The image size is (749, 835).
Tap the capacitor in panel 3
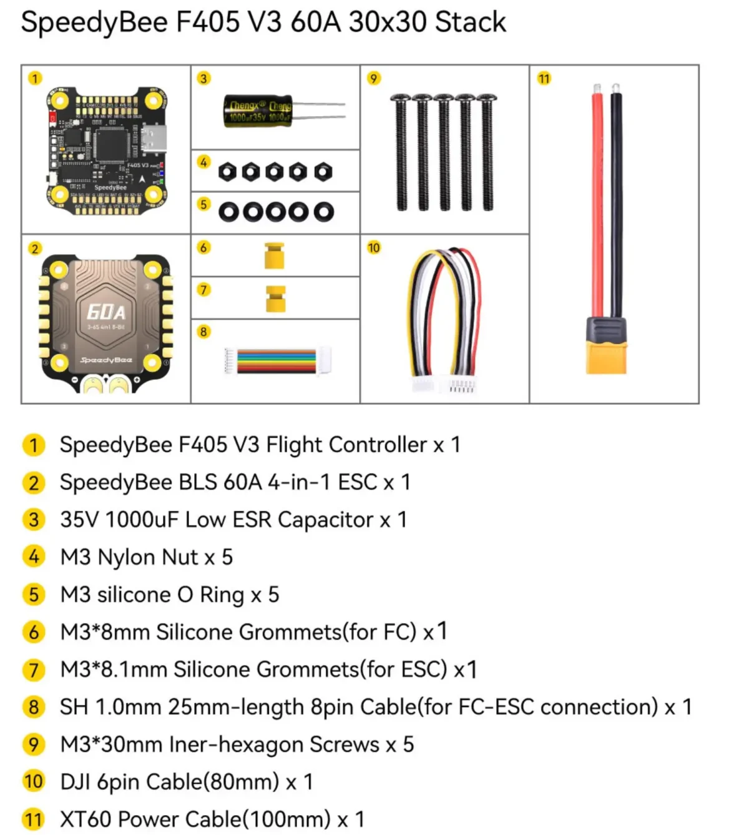coord(258,112)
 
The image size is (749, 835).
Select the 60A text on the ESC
coord(106,312)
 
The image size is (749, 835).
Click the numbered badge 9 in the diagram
coord(373,79)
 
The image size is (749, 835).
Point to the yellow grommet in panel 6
coord(274,255)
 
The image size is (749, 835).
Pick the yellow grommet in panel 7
coord(275,299)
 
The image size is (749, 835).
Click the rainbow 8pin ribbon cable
coord(277,362)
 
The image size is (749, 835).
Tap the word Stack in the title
coord(470,22)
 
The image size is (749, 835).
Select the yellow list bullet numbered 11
coord(33,819)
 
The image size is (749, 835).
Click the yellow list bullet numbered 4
coord(33,557)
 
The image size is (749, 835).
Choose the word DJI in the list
coord(76,782)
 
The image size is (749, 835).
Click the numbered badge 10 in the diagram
coord(373,248)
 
